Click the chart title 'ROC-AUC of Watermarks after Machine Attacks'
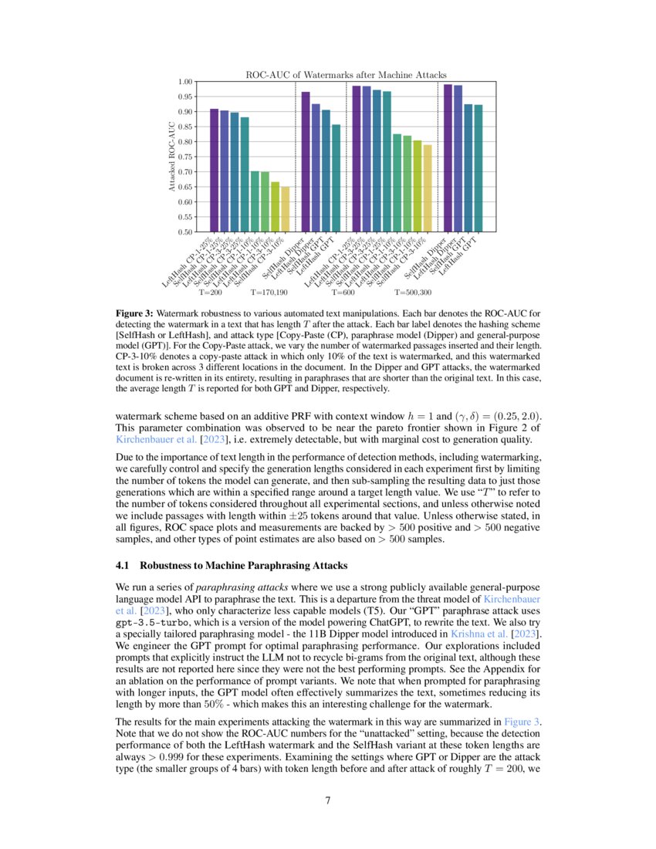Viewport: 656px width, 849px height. (x=346, y=75)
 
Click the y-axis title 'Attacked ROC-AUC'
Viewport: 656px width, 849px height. (x=172, y=157)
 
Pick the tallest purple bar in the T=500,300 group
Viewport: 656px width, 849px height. (x=448, y=157)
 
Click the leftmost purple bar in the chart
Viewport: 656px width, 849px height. (x=214, y=170)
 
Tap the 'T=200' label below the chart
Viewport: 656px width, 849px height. (x=211, y=293)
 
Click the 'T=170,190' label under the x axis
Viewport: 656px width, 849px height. (x=269, y=293)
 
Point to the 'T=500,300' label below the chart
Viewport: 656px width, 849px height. (x=413, y=293)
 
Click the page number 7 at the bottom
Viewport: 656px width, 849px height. (x=328, y=800)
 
